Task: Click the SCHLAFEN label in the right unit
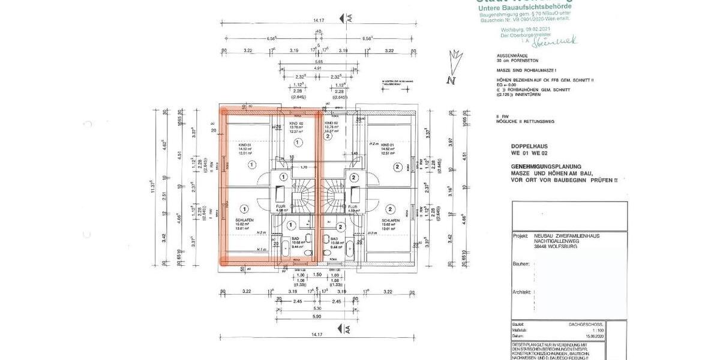(390, 220)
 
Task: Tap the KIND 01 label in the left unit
(244, 145)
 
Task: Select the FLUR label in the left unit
(280, 205)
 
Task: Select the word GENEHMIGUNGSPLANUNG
(545, 165)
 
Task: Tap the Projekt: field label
(521, 236)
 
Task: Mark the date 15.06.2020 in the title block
(613, 334)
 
